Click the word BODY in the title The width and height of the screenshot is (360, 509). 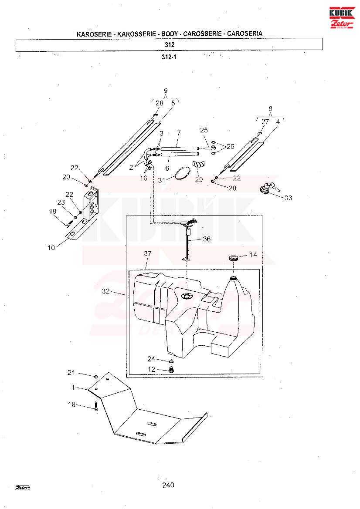tap(170, 34)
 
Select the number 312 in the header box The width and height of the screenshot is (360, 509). tap(170, 45)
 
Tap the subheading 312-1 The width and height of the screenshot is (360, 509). tap(169, 57)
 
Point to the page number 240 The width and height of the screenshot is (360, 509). tap(168, 485)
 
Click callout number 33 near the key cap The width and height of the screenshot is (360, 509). tap(288, 198)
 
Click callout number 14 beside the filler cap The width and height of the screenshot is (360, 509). tap(253, 254)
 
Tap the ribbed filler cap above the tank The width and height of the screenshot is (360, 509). tap(234, 258)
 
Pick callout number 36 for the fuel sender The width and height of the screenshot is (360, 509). tap(207, 239)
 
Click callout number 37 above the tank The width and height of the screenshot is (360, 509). tap(147, 253)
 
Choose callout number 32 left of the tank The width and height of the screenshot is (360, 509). tap(105, 291)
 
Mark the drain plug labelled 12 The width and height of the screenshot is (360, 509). tap(172, 369)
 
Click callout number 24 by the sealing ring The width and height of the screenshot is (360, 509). tap(151, 359)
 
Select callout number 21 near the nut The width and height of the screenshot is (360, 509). tap(71, 373)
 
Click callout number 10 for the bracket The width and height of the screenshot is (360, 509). tap(51, 248)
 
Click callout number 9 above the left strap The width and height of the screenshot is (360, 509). tap(166, 91)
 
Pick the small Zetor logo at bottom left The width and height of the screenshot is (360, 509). tap(22, 488)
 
